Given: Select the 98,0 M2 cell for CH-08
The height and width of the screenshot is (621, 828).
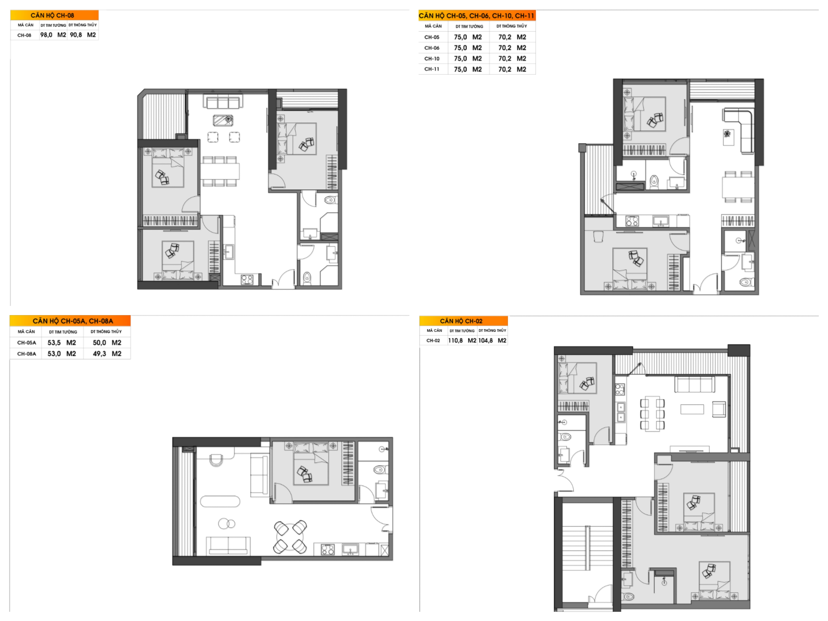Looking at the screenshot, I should click(x=53, y=35).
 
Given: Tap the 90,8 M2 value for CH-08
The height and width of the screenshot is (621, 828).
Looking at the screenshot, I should click(x=83, y=35).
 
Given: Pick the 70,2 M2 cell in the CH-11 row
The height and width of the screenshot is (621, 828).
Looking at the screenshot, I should click(x=512, y=69).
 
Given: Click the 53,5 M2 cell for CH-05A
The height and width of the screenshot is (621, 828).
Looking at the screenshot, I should click(x=62, y=342).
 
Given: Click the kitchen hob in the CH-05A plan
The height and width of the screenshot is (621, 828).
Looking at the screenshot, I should click(x=328, y=549).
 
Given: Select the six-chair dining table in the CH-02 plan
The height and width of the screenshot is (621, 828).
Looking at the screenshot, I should click(x=652, y=414).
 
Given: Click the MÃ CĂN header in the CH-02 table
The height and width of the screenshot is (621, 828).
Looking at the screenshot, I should click(x=434, y=331).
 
